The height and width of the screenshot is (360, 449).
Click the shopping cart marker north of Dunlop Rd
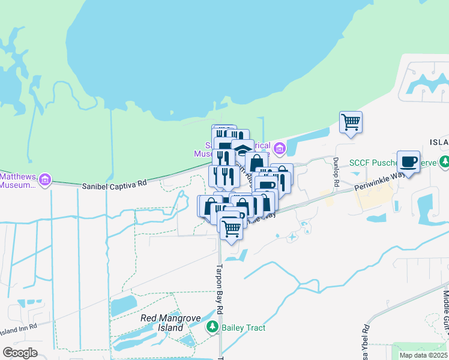pyautogui.click(x=351, y=122)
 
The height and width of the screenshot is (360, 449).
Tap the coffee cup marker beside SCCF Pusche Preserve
pyautogui.click(x=408, y=161)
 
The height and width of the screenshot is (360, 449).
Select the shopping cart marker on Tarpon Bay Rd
pyautogui.click(x=231, y=227)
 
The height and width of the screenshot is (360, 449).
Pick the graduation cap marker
pyautogui.click(x=243, y=149)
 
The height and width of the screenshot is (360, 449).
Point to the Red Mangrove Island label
pyautogui.click(x=162, y=323)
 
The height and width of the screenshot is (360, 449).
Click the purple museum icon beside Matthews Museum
pyautogui.click(x=44, y=179)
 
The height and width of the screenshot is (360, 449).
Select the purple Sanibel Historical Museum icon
pyautogui.click(x=279, y=148)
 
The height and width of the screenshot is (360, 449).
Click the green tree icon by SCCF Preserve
pyautogui.click(x=444, y=161)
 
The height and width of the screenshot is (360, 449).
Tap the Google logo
pyautogui.click(x=20, y=353)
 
